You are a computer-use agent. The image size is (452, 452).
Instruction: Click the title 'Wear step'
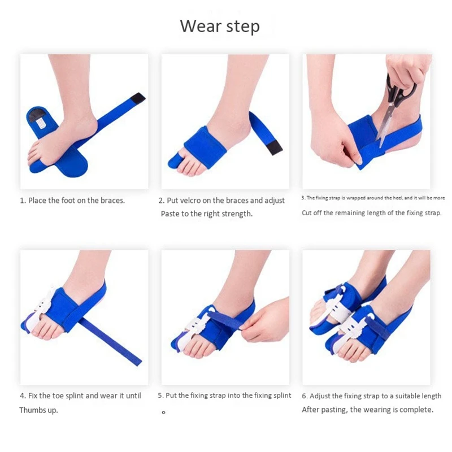tap(220, 26)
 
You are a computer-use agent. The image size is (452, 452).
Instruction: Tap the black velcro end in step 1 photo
tap(137, 98)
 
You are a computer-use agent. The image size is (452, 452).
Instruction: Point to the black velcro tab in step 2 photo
tap(274, 147)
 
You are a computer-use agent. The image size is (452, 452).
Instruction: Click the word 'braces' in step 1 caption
tap(112, 201)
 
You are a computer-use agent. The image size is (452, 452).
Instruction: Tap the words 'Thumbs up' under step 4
tap(38, 410)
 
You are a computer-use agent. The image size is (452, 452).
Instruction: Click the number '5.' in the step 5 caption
tap(160, 395)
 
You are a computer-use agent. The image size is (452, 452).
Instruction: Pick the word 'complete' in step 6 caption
tap(415, 410)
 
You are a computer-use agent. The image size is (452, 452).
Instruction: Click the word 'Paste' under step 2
tap(171, 214)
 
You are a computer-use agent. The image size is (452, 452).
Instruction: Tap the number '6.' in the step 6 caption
tap(305, 396)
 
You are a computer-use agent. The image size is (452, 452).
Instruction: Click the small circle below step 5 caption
tap(163, 412)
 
